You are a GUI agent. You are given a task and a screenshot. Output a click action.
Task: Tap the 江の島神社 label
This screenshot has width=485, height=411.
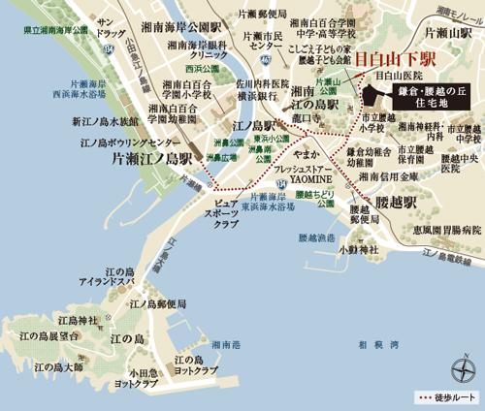78,320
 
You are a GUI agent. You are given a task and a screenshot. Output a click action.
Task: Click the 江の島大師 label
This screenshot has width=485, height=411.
57,367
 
